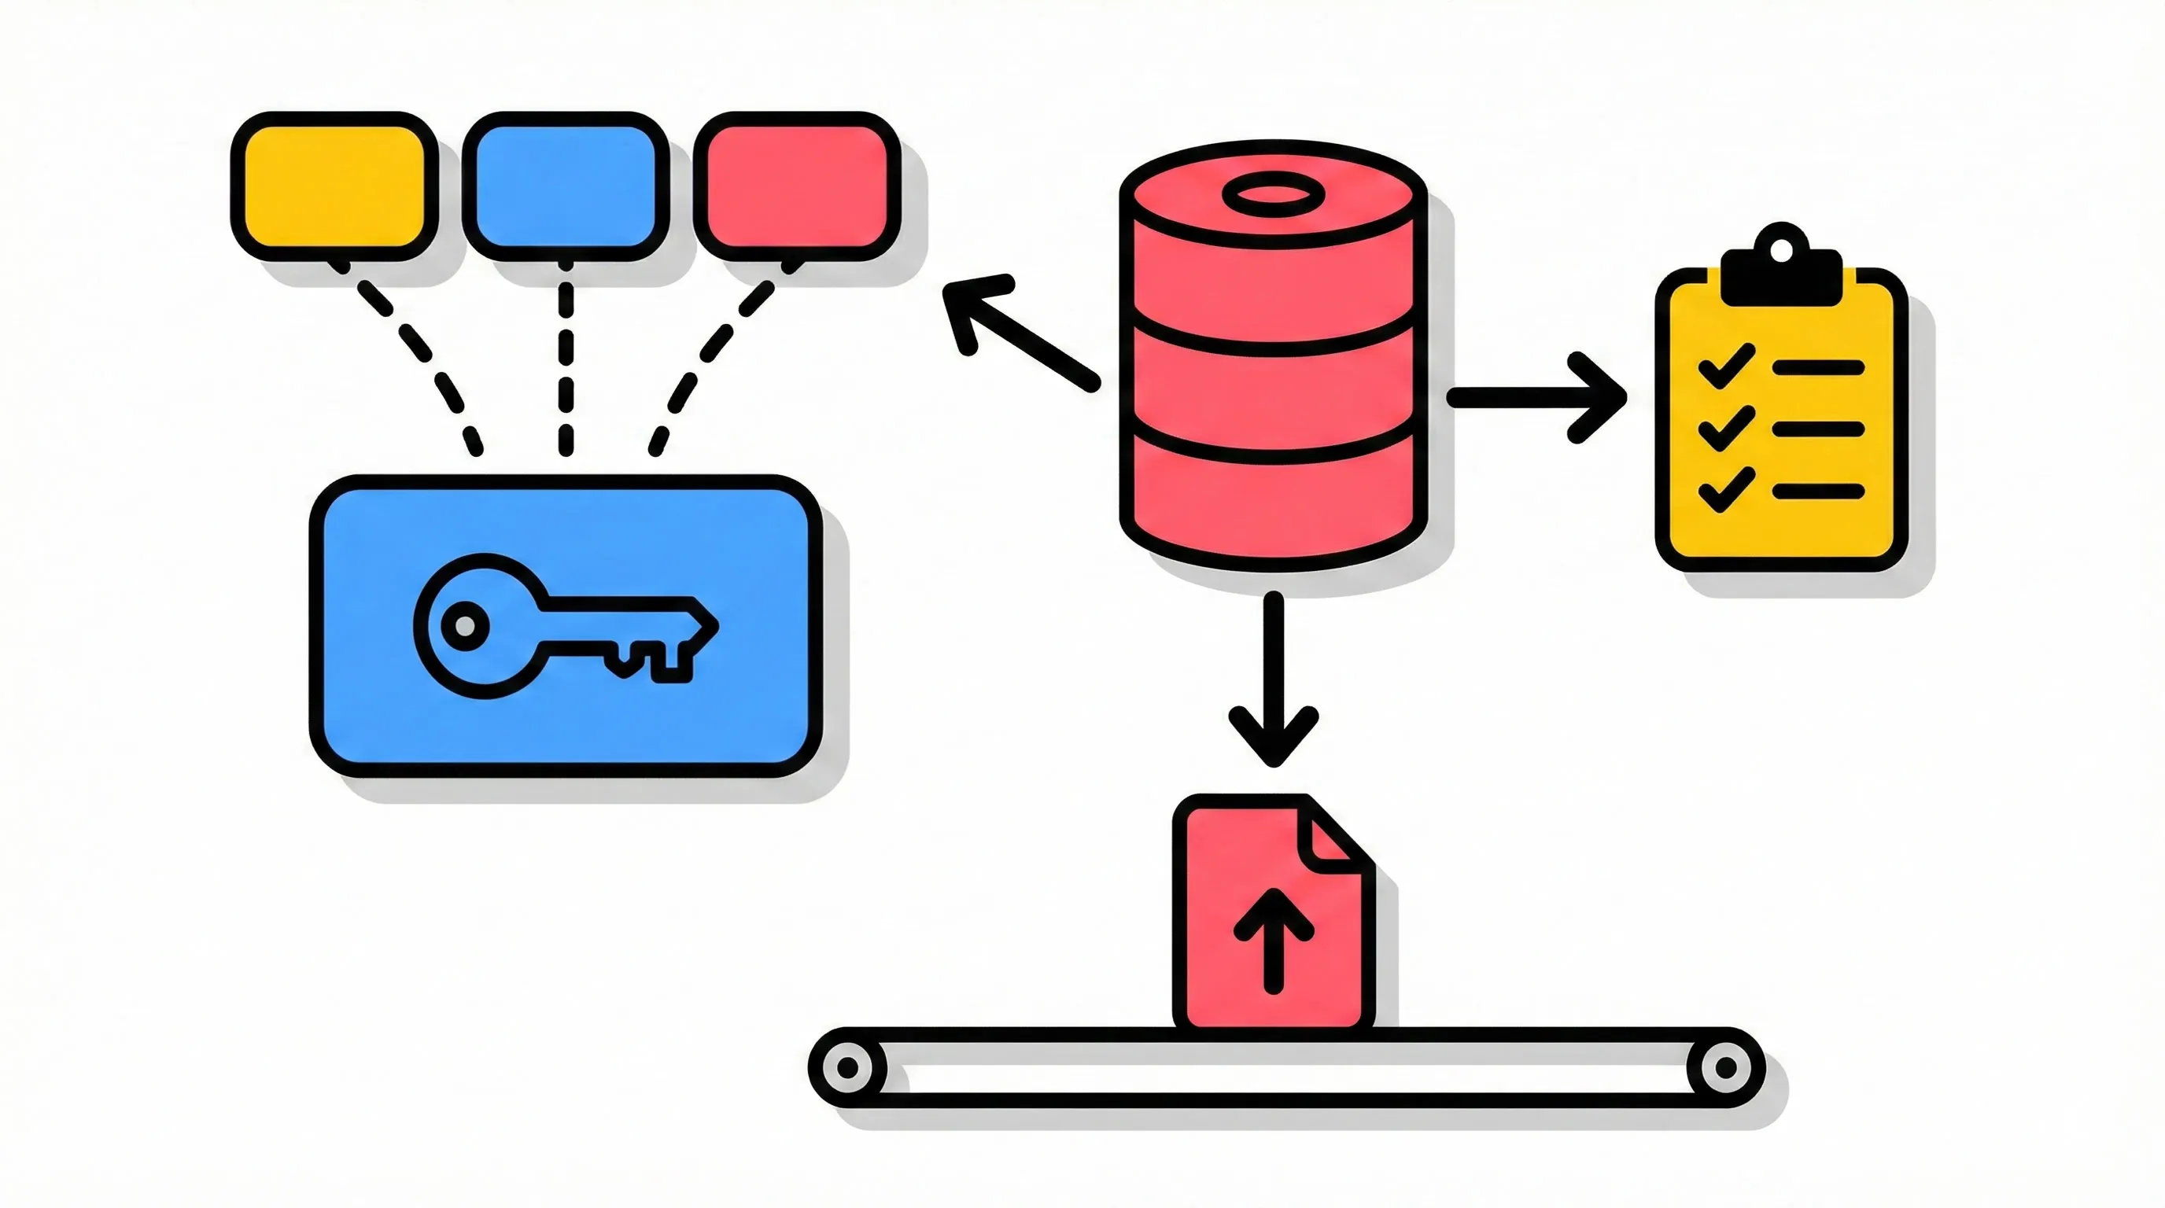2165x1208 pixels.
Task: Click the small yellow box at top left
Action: pos(334,186)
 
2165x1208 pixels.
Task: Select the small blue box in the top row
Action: pos(565,186)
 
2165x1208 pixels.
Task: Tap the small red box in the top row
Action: pos(797,186)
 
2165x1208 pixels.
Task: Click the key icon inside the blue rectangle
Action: pos(565,626)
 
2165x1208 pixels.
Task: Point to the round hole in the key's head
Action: pos(464,626)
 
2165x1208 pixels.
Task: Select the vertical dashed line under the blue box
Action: pos(566,361)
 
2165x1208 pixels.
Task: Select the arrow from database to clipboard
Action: pos(1538,397)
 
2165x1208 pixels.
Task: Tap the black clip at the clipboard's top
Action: pos(1781,273)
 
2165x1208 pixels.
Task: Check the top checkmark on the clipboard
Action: pos(1725,366)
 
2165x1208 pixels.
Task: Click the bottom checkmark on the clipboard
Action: pos(1725,490)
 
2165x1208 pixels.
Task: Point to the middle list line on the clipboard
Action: pos(1818,429)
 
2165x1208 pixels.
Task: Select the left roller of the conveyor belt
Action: pos(848,1068)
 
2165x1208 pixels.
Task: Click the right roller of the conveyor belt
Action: pos(1724,1068)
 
